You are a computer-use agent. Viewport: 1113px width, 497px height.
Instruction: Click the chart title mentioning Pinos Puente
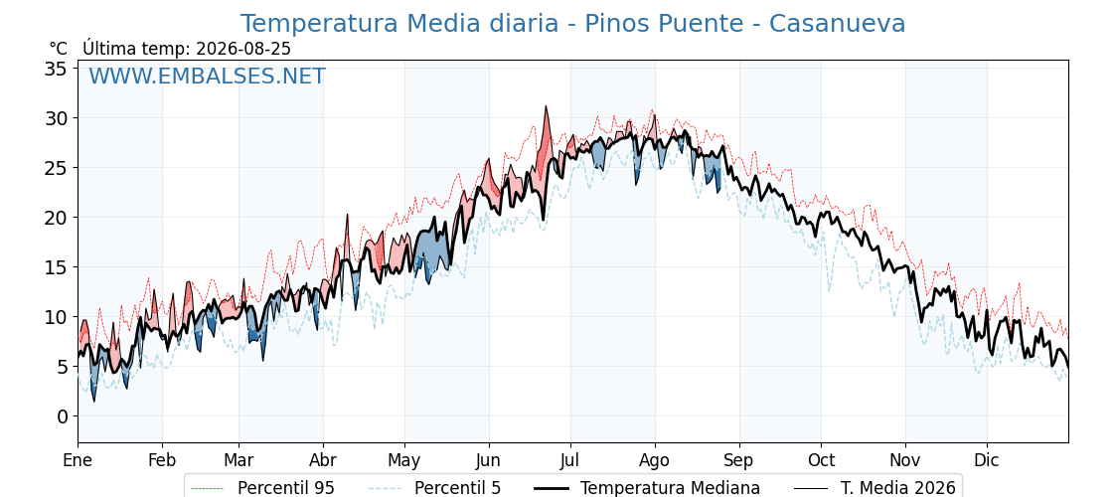(572, 24)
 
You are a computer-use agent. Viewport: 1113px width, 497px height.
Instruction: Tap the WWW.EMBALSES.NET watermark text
(208, 76)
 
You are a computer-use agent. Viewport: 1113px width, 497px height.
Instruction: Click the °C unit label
(59, 49)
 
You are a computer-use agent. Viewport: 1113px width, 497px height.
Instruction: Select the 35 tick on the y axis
(56, 69)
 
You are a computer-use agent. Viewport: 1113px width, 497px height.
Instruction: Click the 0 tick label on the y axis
(61, 416)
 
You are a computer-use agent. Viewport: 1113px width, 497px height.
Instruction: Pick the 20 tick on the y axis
(56, 218)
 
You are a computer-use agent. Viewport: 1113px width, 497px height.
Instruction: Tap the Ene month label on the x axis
(79, 460)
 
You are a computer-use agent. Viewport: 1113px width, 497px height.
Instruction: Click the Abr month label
(323, 460)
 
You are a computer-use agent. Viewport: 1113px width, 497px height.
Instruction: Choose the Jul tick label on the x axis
(570, 460)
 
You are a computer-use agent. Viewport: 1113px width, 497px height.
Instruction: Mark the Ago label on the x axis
(655, 461)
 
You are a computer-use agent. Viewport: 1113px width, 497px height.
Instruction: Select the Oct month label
(821, 460)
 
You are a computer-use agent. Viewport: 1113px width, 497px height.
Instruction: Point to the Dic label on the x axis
(987, 460)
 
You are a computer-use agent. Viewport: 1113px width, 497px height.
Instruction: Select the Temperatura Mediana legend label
(670, 488)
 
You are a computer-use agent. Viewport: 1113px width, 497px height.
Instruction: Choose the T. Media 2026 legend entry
(897, 488)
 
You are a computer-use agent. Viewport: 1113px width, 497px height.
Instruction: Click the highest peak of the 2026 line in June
(546, 105)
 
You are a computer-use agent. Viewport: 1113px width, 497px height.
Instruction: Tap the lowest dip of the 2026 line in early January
(93, 402)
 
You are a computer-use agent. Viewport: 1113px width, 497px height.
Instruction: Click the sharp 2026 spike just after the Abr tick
(347, 214)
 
